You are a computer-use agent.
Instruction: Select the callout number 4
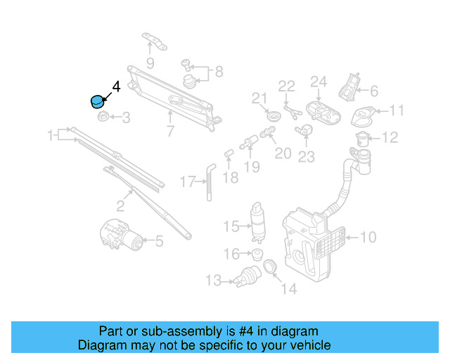(116, 86)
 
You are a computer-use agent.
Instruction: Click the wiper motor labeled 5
(118, 235)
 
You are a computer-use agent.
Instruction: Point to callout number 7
(170, 131)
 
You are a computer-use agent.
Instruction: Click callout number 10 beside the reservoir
(368, 238)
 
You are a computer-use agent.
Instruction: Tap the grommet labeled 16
(257, 254)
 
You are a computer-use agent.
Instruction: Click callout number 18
(230, 177)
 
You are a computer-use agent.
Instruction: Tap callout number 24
(319, 83)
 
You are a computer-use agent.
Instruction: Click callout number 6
(373, 91)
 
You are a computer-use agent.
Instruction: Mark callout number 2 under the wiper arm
(120, 206)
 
